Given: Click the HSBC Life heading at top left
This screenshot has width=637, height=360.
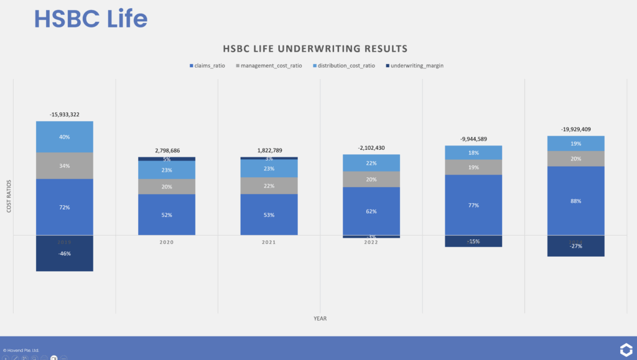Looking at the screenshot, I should (x=91, y=19).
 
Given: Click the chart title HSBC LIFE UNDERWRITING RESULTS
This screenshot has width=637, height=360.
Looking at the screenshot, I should (x=315, y=48).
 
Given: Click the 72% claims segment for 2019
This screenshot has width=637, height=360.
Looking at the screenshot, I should (x=65, y=206).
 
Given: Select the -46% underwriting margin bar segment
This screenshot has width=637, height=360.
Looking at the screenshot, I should (x=65, y=253).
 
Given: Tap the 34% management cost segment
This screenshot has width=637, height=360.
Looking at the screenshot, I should (x=65, y=165).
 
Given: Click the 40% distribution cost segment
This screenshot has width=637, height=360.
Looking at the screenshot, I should (x=65, y=137).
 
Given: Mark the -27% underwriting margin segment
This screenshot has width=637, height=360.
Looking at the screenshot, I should (x=575, y=246).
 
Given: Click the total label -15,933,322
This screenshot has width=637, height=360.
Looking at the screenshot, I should (x=65, y=114).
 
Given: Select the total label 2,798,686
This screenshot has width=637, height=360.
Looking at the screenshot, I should (x=167, y=150).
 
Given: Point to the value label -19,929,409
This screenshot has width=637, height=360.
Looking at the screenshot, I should (x=575, y=129).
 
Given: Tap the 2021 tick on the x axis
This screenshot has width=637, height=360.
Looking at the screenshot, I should (x=269, y=242).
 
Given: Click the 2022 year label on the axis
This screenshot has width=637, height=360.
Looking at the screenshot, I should (x=371, y=242).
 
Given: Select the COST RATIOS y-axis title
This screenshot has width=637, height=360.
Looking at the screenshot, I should (x=9, y=196).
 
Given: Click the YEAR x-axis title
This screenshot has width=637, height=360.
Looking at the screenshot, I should (x=320, y=318).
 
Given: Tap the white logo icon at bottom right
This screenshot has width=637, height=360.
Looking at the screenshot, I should (x=626, y=349).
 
